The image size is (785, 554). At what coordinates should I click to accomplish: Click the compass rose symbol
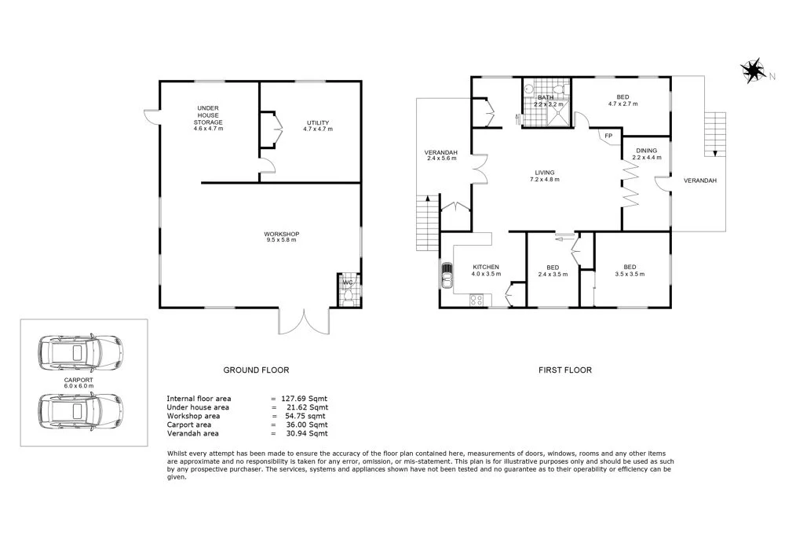[x=754, y=71]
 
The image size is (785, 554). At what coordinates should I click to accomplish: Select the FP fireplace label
[x=608, y=137]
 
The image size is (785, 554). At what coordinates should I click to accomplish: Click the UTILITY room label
[x=318, y=126]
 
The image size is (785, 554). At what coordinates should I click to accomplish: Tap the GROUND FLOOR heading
[x=256, y=370]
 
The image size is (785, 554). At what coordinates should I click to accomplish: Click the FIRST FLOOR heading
[x=565, y=370]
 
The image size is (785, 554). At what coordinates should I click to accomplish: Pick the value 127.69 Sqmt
[x=304, y=399]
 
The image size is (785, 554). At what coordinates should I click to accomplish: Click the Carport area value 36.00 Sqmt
[x=305, y=425]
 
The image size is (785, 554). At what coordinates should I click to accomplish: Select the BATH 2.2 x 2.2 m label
[x=546, y=100]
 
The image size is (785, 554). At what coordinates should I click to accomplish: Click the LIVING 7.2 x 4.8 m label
[x=545, y=176]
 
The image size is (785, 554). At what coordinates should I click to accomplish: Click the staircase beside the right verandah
[x=713, y=133]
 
